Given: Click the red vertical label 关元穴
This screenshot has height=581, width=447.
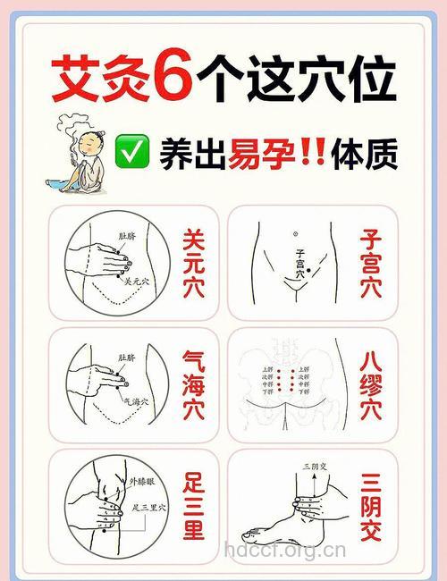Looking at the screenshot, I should tap(192, 263).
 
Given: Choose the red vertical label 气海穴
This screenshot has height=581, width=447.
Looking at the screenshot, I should tap(192, 386).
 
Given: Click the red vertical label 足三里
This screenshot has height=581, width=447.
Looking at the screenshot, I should tap(192, 507).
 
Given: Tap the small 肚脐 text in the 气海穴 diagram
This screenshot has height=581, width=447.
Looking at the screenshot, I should tap(129, 357).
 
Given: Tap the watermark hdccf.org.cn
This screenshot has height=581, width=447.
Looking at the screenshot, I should tap(284, 551).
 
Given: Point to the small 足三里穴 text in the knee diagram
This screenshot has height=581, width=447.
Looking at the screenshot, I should tap(148, 508).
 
